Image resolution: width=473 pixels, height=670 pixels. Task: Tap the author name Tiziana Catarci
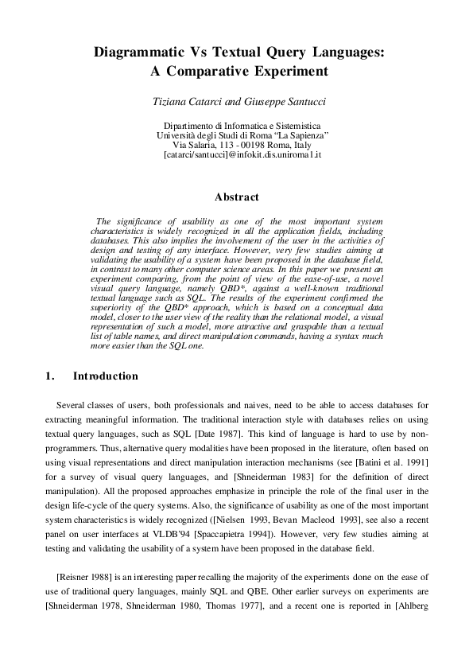click(x=188, y=103)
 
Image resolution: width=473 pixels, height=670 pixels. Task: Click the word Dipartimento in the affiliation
click(x=190, y=126)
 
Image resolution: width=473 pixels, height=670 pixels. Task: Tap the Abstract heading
click(x=237, y=197)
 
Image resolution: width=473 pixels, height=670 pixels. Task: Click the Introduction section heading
click(x=106, y=376)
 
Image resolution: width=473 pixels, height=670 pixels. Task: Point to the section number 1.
click(x=50, y=376)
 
